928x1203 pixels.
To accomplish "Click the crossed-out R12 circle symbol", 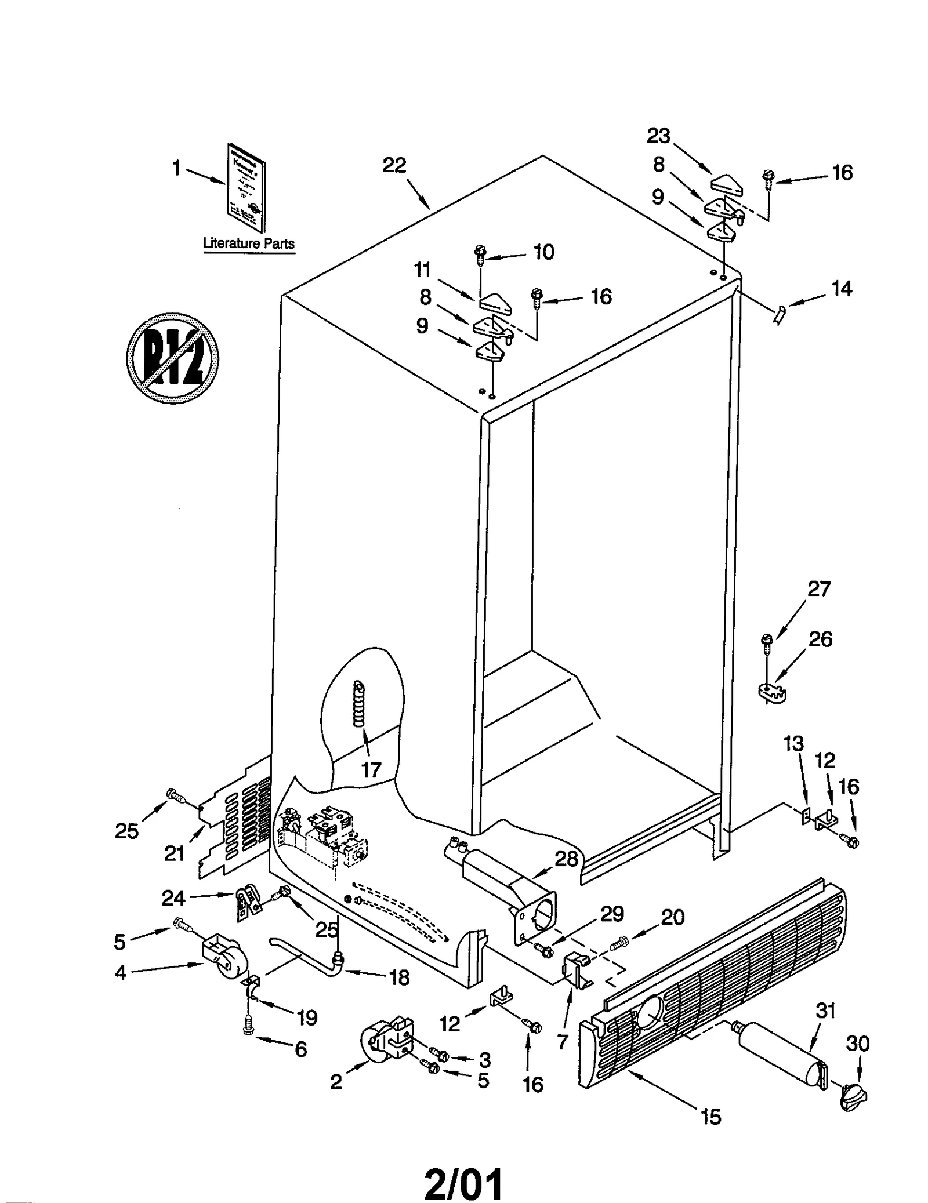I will [172, 359].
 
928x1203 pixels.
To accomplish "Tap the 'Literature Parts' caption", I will [249, 243].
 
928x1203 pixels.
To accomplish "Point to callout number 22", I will [394, 166].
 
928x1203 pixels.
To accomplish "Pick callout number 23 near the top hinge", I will [658, 136].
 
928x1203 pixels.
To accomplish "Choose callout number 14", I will [842, 288].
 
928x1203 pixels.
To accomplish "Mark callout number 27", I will [819, 589].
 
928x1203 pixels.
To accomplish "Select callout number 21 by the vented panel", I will [174, 853].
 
